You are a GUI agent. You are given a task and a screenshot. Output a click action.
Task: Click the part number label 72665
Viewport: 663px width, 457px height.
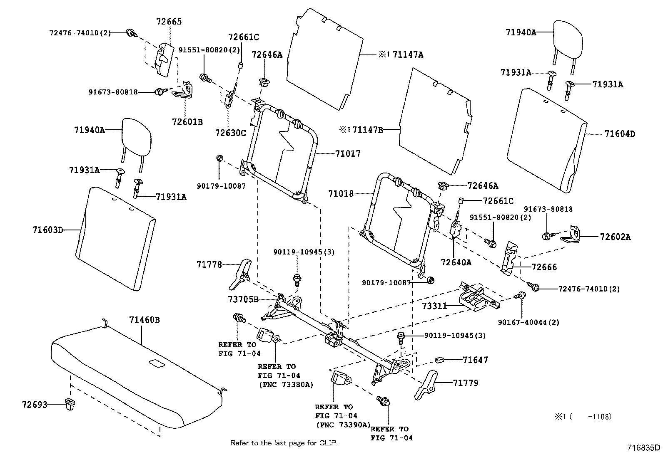click(169, 22)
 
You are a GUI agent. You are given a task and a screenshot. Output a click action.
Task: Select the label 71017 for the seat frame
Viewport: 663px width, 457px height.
click(348, 153)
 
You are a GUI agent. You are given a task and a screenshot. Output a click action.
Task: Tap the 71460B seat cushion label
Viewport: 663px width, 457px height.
click(145, 320)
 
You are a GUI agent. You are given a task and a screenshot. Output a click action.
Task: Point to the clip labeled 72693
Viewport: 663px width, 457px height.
click(70, 404)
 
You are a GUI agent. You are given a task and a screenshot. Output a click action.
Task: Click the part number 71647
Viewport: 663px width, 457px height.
click(475, 360)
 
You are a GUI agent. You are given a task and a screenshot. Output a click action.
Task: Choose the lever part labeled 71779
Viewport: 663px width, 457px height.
click(426, 385)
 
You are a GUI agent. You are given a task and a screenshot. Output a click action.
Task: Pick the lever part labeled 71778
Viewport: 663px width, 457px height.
click(240, 274)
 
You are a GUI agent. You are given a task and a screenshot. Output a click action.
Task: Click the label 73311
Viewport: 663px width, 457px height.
click(434, 306)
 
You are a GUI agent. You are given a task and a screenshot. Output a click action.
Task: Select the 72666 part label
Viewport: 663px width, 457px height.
click(544, 267)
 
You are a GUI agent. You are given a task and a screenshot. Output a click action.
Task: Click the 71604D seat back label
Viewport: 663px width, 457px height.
click(620, 134)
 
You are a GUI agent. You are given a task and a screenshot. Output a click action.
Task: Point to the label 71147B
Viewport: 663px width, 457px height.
click(368, 130)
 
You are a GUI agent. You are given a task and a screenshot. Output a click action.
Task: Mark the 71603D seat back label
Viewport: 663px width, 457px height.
click(48, 230)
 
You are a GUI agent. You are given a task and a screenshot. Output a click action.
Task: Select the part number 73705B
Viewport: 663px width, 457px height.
click(243, 299)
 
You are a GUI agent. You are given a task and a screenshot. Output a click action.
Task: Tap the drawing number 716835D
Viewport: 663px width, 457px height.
click(644, 448)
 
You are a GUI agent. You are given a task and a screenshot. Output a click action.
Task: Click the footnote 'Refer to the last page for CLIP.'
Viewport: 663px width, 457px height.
click(284, 443)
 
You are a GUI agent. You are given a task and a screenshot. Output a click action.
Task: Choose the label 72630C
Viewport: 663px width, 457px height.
click(231, 133)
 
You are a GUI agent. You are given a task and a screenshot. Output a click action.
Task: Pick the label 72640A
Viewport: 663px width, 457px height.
click(456, 262)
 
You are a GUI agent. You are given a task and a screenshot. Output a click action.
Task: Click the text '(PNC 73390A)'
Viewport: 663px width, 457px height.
click(343, 425)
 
